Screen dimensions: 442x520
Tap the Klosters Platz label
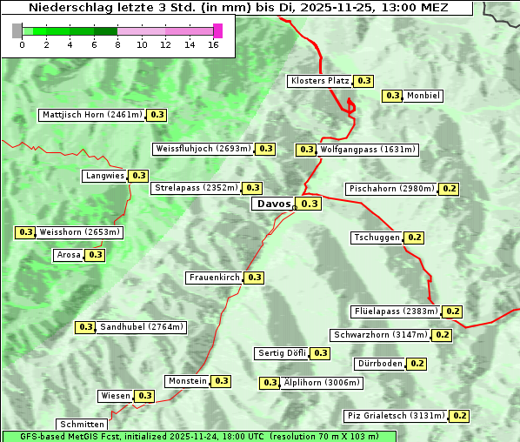coord(319,81)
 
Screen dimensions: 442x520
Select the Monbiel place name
coord(423,96)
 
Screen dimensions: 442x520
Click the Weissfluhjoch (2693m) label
coord(203,149)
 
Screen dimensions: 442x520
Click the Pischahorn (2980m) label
coord(390,189)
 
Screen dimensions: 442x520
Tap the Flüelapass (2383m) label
coord(395,311)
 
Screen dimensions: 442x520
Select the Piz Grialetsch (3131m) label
coord(395,416)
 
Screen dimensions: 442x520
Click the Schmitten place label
coord(82,425)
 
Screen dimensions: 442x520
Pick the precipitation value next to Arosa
coord(95,255)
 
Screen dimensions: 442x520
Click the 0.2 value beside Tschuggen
coord(415,238)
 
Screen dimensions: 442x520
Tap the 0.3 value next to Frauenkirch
coord(254,278)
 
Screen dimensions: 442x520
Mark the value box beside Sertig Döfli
coord(321,353)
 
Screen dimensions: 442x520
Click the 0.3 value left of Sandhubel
coord(85,327)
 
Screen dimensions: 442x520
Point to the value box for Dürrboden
coord(417,364)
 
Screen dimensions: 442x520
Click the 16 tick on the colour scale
coord(214,44)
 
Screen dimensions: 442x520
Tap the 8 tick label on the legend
coord(117,44)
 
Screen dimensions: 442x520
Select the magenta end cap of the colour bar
coord(217,30)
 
